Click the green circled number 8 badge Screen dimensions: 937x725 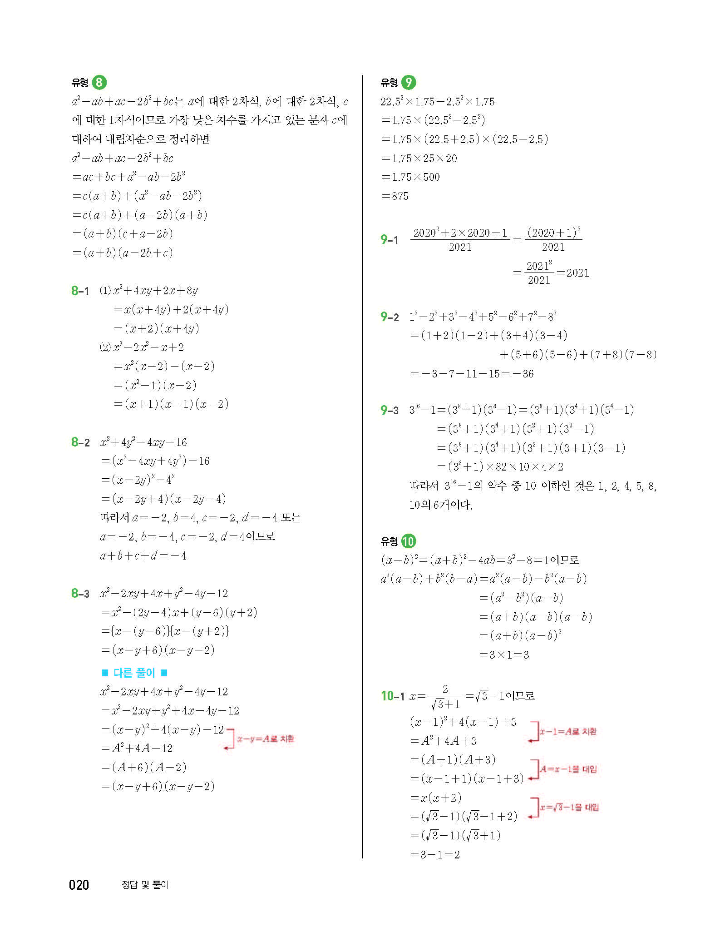tap(99, 82)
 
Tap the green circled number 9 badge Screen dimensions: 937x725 tap(409, 82)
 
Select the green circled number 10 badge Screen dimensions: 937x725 tap(409, 541)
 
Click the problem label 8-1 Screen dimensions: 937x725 tap(80, 291)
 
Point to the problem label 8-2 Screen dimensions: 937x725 tap(80, 442)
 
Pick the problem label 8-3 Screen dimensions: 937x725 tap(80, 594)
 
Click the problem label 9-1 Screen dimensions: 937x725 tap(390, 240)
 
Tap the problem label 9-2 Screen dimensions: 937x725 tap(390, 317)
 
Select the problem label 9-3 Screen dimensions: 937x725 tap(390, 411)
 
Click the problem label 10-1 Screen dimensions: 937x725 tap(392, 696)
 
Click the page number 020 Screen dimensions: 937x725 tap(79, 885)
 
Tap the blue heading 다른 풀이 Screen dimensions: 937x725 tap(134, 673)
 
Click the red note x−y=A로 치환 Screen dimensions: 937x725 tap(266, 739)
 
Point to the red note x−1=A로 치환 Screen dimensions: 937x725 tap(567, 732)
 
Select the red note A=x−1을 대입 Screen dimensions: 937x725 tap(568, 769)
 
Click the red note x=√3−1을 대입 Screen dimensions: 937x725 tap(569, 807)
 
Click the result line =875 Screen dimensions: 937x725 tap(395, 196)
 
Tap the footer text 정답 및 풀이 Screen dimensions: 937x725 tap(145, 885)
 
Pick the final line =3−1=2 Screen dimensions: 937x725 tap(435, 855)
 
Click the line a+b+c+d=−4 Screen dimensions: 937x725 tap(143, 555)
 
